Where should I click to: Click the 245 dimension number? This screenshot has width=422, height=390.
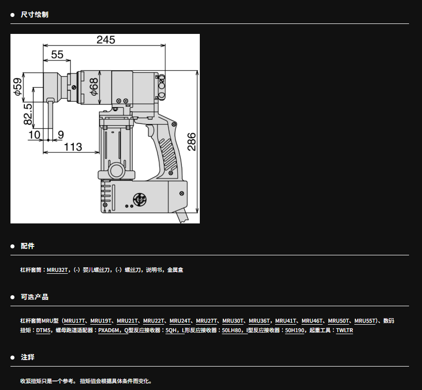tap(106, 40)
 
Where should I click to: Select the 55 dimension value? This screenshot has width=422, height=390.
tap(57, 55)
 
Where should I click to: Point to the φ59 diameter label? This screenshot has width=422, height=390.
tap(18, 87)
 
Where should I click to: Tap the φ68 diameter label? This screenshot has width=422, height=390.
tap(94, 87)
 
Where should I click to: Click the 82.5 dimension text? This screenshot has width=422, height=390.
tap(28, 114)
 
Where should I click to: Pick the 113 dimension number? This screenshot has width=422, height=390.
tap(73, 147)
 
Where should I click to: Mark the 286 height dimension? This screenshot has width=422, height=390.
tap(191, 142)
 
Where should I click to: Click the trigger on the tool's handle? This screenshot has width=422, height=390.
tap(149, 131)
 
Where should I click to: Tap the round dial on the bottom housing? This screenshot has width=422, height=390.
tap(140, 199)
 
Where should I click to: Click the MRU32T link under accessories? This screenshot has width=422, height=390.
tap(57, 270)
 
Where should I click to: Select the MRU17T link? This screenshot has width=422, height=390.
tap(74, 321)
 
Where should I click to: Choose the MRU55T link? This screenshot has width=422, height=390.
tap(365, 321)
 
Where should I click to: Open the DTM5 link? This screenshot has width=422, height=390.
tap(43, 330)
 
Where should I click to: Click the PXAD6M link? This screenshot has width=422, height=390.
tap(109, 330)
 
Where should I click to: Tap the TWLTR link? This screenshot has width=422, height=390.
tap(344, 330)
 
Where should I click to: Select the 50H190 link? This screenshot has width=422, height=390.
tap(294, 330)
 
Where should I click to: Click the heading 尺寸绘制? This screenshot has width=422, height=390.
tap(35, 14)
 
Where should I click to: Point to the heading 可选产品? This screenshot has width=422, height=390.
tap(35, 297)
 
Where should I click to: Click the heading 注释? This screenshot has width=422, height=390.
tap(28, 357)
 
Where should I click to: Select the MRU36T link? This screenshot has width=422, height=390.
tap(259, 321)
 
